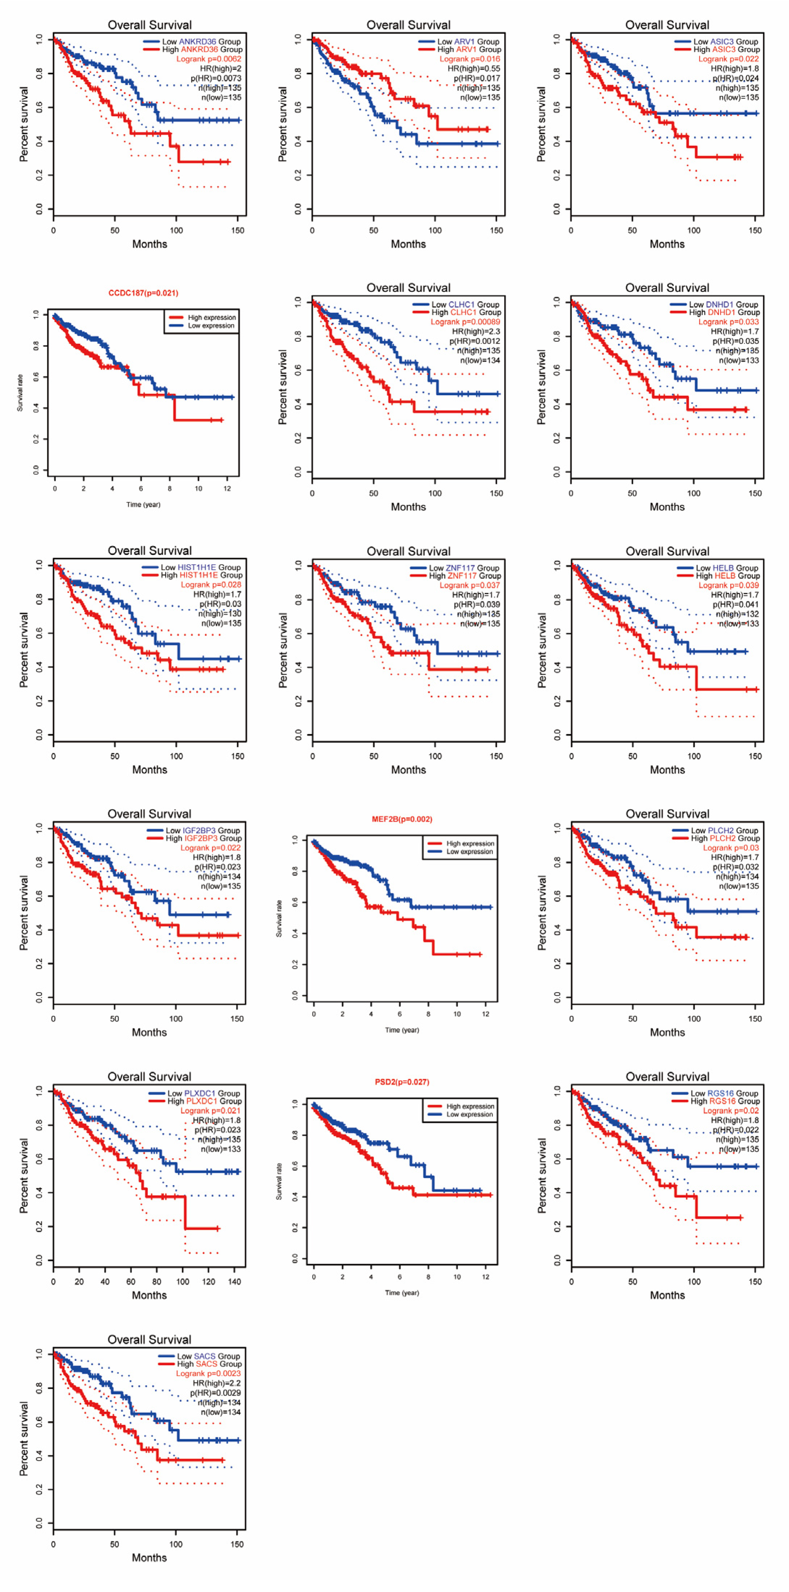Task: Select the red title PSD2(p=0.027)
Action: [402, 1082]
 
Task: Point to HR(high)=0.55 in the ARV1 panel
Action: [474, 69]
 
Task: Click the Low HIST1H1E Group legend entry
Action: [200, 567]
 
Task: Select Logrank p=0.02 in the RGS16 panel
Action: [731, 1111]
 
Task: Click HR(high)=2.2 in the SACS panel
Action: [217, 1383]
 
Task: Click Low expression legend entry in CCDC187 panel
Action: [211, 326]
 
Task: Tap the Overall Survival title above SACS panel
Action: [149, 1339]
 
